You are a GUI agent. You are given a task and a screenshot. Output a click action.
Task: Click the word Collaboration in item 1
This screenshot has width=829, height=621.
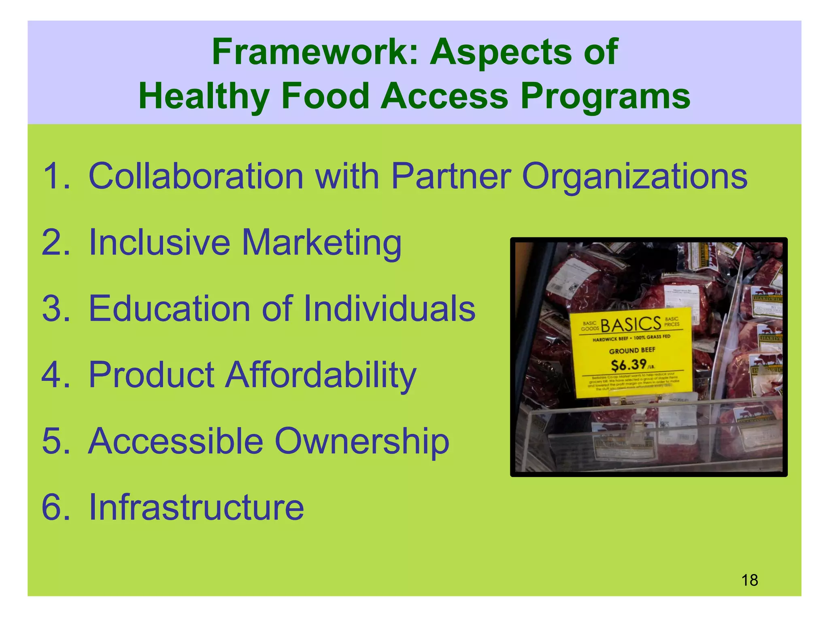(196, 176)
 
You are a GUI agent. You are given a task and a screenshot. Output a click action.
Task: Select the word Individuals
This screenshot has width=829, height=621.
(389, 309)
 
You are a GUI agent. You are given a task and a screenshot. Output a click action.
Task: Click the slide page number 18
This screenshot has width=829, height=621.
(749, 580)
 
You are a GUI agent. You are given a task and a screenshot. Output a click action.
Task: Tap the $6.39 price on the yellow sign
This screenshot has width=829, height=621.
(629, 365)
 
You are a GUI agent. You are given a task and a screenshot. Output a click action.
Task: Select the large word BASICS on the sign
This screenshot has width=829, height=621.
(631, 324)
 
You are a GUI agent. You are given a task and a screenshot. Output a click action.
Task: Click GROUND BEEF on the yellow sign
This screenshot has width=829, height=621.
(632, 350)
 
